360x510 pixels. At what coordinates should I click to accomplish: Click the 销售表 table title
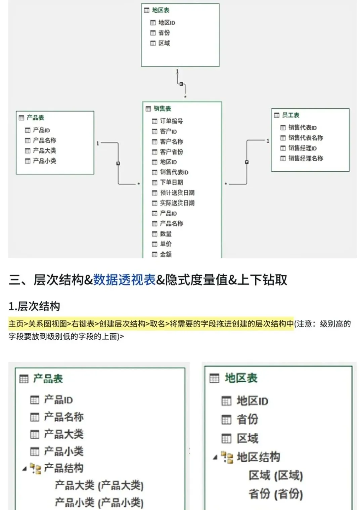point(162,109)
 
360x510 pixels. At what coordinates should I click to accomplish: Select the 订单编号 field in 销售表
point(171,121)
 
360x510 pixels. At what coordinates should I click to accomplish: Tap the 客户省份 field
point(171,152)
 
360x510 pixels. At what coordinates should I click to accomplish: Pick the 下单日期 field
point(171,182)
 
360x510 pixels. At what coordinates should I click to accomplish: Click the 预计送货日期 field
point(177,193)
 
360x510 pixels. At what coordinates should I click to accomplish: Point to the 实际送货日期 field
point(177,203)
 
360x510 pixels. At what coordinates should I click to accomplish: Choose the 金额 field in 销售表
point(166,254)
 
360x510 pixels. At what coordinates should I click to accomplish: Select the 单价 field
point(166,244)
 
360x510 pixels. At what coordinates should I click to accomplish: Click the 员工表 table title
point(290,115)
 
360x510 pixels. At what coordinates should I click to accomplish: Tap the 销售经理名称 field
point(306,158)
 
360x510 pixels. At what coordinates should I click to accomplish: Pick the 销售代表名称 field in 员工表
point(306,138)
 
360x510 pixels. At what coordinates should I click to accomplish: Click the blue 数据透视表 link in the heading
point(124,280)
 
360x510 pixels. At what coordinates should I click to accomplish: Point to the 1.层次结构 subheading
point(34,306)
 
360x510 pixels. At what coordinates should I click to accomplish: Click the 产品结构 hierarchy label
point(63,468)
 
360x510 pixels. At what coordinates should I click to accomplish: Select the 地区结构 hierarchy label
point(258,457)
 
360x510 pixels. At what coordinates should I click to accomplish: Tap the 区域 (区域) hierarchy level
point(276,475)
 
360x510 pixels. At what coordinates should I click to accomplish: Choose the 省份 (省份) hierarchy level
point(276,494)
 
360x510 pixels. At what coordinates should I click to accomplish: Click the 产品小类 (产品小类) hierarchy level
point(99,503)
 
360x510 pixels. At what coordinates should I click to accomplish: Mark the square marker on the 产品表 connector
point(118,164)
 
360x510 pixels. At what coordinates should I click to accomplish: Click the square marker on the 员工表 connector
point(247,162)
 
